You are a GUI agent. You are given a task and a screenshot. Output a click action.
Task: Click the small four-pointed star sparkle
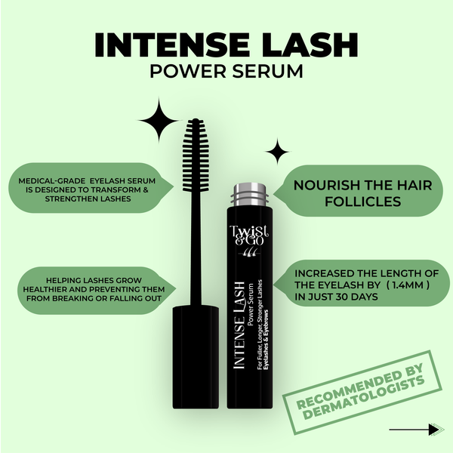click(x=277, y=152)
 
